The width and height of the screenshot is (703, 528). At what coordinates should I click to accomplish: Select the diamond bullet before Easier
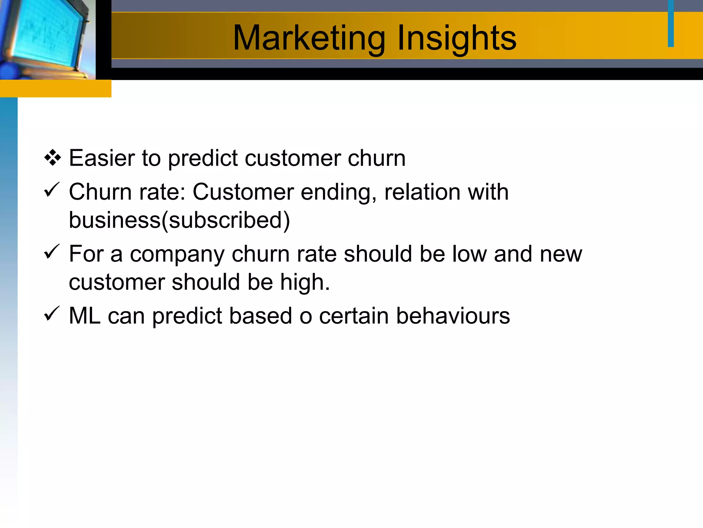[53, 158]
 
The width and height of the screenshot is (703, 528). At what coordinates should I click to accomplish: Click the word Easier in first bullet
[102, 158]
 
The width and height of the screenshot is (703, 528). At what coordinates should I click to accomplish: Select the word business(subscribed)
[179, 220]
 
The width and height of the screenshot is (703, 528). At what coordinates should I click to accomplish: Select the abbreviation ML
[84, 316]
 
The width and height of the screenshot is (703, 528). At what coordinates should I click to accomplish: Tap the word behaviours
[453, 316]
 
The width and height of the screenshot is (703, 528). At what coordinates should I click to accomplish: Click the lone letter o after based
[306, 317]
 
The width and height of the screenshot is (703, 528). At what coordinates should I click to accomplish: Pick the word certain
[354, 316]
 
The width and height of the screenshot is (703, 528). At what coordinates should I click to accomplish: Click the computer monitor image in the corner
[46, 38]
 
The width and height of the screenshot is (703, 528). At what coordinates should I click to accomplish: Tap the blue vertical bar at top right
[671, 23]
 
